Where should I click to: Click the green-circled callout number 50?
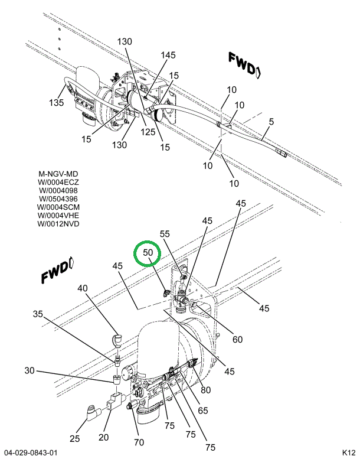coord(147,253)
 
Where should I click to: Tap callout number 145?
coord(168,55)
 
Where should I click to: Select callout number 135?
coord(56,103)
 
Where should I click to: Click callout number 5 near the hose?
coord(271,122)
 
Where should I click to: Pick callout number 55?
coord(165,234)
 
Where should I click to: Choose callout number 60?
coord(237,339)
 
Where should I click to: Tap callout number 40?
coord(82,288)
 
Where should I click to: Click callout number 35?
coord(38,314)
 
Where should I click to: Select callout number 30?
coord(30,370)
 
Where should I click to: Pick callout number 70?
coord(139,441)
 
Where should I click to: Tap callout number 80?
coord(205,389)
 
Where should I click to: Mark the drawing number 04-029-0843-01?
coord(30,453)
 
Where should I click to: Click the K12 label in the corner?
coord(348,453)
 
